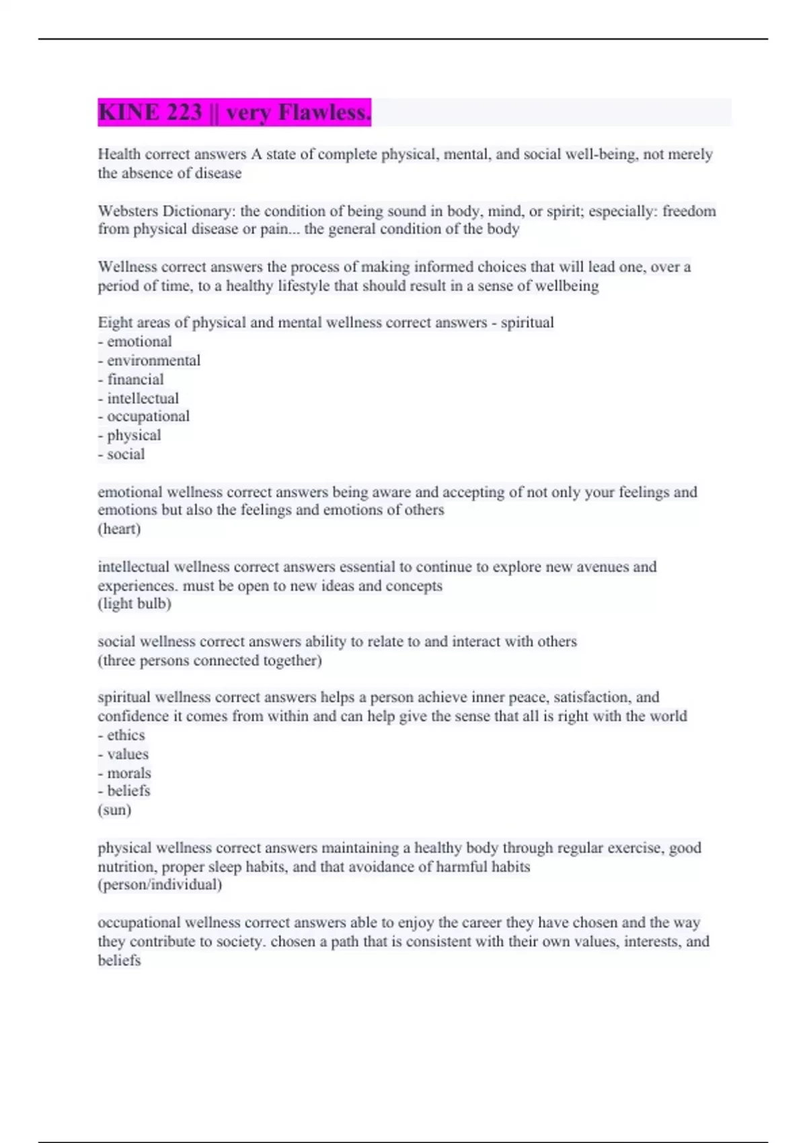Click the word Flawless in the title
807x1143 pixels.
coord(325,112)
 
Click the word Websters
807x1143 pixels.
coord(128,211)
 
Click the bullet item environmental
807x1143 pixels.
coord(153,360)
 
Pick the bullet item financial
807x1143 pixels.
coord(135,379)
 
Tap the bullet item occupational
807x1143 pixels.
coord(148,416)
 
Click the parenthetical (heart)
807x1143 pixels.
coord(119,528)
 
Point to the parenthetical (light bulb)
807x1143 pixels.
coord(134,603)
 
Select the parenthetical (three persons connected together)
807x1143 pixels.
coord(210,660)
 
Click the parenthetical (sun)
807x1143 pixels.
coord(114,810)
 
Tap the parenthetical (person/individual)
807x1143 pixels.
coord(160,884)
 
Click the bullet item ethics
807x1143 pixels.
coord(126,735)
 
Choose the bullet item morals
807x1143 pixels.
coord(129,773)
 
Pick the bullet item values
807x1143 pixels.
coord(128,754)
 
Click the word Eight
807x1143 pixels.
coord(115,323)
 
